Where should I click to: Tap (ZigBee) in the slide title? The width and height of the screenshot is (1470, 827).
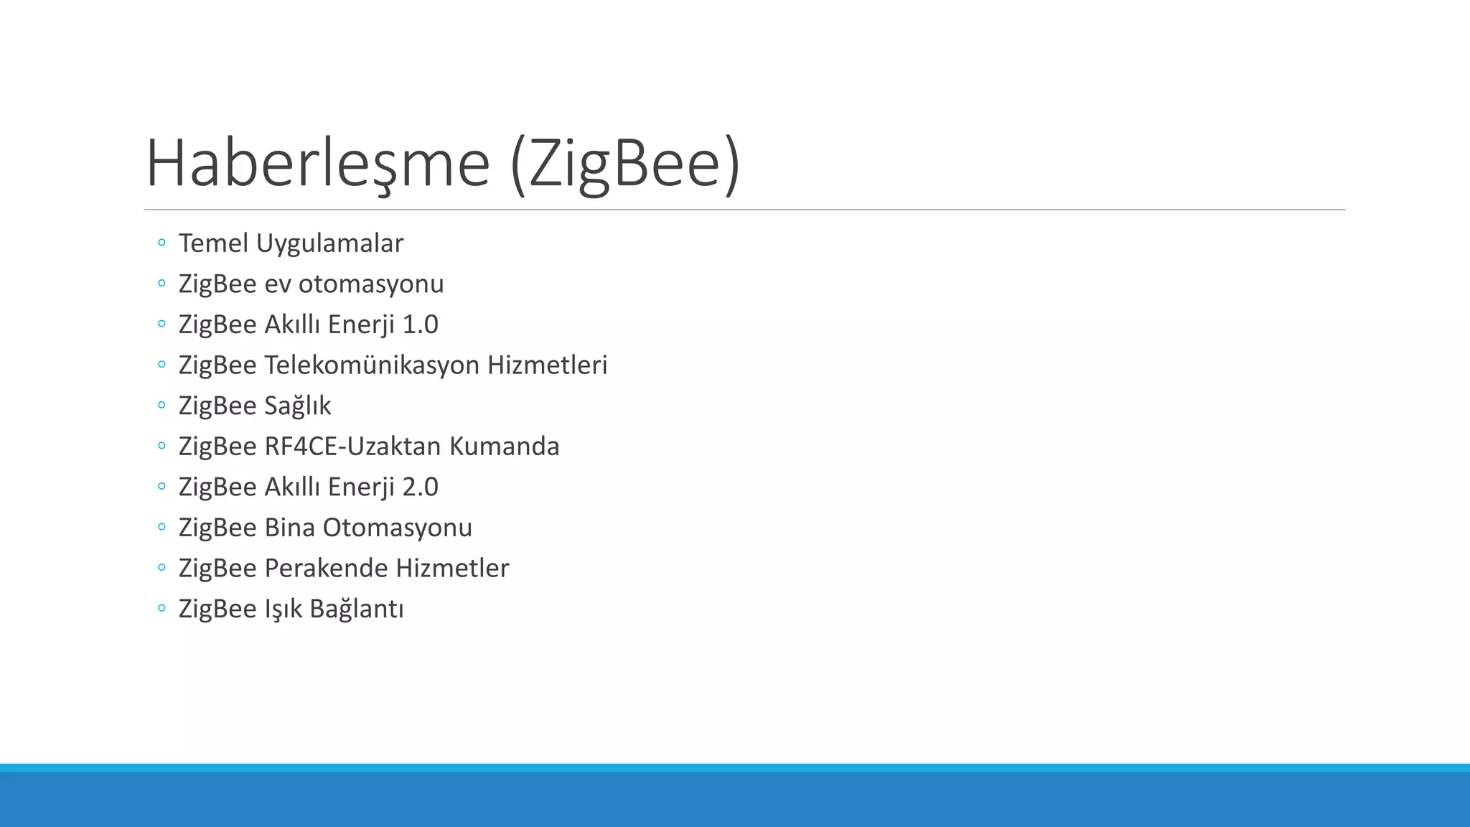click(x=624, y=164)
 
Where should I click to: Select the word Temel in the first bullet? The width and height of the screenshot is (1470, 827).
click(x=213, y=243)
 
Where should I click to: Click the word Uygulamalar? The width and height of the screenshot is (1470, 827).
click(x=329, y=243)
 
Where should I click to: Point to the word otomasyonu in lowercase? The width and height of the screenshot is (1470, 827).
click(x=371, y=284)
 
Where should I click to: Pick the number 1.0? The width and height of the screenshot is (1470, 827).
click(x=420, y=324)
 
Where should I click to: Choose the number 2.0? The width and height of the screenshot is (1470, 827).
click(x=420, y=487)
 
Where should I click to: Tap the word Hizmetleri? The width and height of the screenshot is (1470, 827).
click(x=547, y=365)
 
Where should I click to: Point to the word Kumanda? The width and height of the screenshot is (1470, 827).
click(x=504, y=447)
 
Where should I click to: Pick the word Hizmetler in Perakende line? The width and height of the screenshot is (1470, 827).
click(x=452, y=568)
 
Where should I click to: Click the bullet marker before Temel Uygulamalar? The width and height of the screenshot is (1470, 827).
click(x=161, y=243)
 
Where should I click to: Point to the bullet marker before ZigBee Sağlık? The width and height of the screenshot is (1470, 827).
click(x=161, y=406)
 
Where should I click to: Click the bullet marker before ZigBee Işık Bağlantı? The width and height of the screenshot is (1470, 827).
click(x=161, y=609)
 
